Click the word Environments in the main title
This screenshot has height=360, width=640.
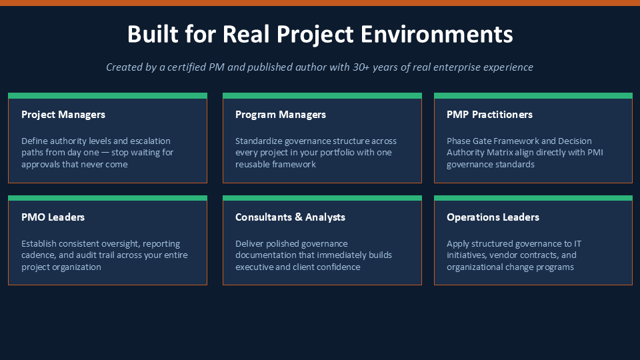coord(437,34)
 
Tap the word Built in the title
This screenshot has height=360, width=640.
coord(153,34)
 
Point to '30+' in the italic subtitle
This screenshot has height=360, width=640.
coord(361,67)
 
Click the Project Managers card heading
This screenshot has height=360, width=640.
coord(63,115)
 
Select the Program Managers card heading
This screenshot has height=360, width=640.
coord(281,115)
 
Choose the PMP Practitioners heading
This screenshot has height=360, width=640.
coord(489,115)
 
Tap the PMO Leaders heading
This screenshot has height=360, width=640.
coord(53,217)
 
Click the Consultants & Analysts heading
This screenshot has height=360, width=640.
coord(290,217)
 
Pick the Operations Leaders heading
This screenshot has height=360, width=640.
coord(493,217)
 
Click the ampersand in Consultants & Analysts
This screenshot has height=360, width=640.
coord(299,217)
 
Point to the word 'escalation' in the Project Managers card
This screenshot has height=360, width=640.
coord(150,141)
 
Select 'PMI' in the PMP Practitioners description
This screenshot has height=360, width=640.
coord(595,152)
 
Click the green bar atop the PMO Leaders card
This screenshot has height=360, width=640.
coord(108,198)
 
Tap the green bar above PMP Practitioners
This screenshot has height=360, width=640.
coord(533,96)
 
